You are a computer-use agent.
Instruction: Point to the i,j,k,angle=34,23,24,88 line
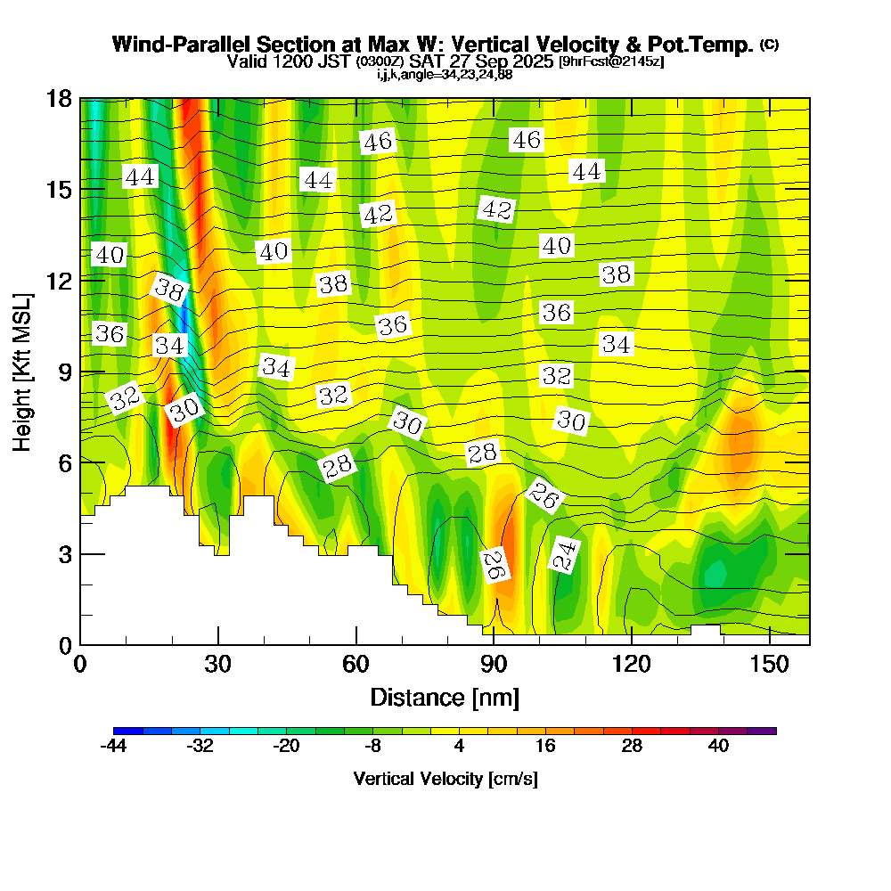coord(445,74)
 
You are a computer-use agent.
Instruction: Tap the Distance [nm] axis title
coord(445,697)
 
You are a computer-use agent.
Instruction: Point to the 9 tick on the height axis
coord(63,372)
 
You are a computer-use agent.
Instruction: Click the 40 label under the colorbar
coord(718,747)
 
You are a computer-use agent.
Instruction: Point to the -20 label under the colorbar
coord(286,747)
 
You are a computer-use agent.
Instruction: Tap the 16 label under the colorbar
coord(545,747)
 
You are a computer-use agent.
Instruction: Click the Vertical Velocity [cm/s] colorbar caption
coord(445,779)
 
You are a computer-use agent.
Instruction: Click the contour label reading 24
coord(564,555)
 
